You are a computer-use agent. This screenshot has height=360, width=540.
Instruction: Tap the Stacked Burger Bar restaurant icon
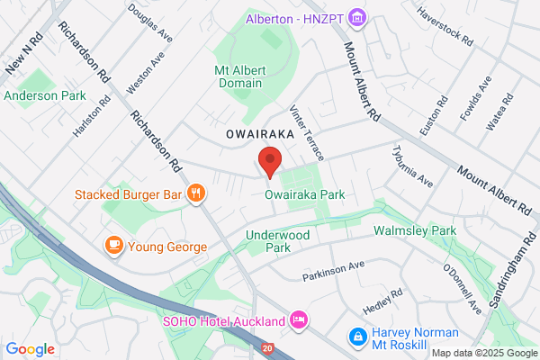pyautogui.click(x=194, y=193)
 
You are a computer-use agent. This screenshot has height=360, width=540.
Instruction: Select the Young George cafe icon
pyautogui.click(x=113, y=246)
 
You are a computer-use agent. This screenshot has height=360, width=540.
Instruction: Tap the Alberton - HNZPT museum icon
pyautogui.click(x=358, y=17)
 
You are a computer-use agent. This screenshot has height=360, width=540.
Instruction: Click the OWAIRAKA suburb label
pyautogui.click(x=260, y=133)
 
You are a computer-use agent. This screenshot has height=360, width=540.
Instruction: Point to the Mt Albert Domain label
pyautogui.click(x=238, y=76)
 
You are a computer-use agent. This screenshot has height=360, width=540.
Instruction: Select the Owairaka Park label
pyautogui.click(x=305, y=194)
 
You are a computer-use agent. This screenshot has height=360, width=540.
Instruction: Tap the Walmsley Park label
pyautogui.click(x=415, y=231)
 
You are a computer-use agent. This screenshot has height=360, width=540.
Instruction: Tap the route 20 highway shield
pyautogui.click(x=269, y=346)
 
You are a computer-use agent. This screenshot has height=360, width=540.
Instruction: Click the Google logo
pyautogui.click(x=30, y=348)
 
